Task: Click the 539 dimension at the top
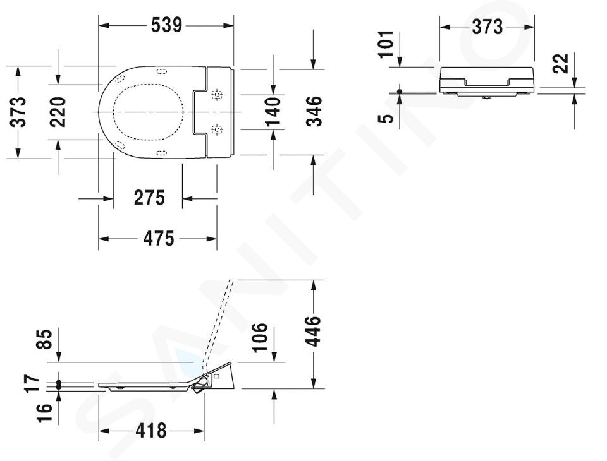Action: [x=166, y=25]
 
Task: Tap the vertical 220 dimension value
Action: [x=58, y=112]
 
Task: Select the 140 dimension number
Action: [x=273, y=112]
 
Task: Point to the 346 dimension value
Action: [x=314, y=111]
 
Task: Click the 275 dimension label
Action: [x=149, y=198]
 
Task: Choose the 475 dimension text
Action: [x=159, y=238]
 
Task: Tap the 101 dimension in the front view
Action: [x=386, y=44]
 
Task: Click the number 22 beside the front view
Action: [x=561, y=63]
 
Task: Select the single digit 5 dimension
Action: [x=386, y=117]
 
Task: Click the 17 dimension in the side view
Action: [x=32, y=383]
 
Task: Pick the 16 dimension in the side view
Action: [x=44, y=413]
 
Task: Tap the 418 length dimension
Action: [x=151, y=431]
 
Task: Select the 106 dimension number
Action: [x=260, y=337]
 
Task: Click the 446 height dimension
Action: [x=314, y=331]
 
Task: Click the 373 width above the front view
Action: [x=487, y=27]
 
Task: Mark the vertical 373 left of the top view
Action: [x=18, y=112]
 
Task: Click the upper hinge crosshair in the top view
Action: [x=217, y=95]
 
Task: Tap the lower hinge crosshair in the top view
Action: [x=217, y=129]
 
